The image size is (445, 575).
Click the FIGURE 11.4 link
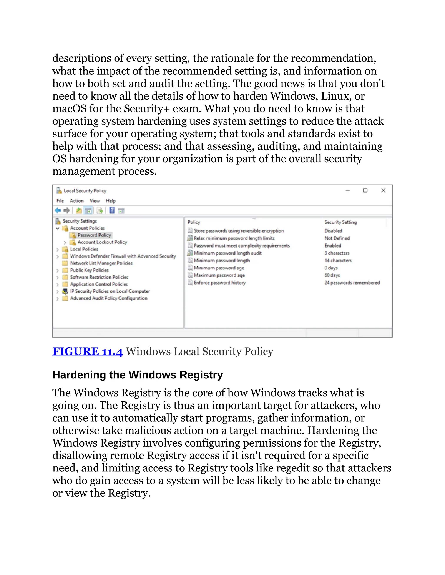(x=87, y=352)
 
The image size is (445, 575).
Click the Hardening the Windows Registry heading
(x=137, y=375)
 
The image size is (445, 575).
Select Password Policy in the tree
(x=94, y=235)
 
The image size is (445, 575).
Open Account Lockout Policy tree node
(x=102, y=242)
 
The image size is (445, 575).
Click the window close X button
(x=383, y=190)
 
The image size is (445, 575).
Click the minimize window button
(x=348, y=190)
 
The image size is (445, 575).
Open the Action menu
(x=76, y=201)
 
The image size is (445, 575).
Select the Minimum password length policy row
(x=221, y=260)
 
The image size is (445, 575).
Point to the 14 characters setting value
(x=338, y=260)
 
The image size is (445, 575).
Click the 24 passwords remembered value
(x=352, y=283)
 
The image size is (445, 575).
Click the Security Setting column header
(x=340, y=222)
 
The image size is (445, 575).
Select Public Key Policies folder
(x=89, y=270)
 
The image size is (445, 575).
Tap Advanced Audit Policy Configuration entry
(x=108, y=298)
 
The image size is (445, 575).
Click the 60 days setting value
(x=332, y=275)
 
